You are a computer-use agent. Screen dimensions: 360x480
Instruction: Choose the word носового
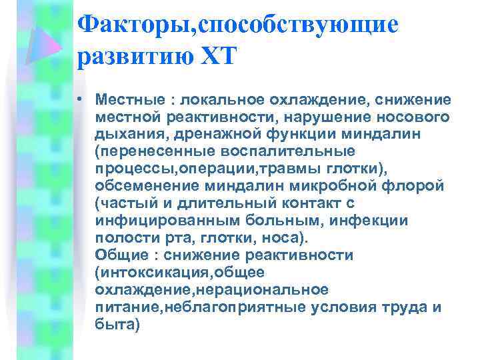point(411,117)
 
